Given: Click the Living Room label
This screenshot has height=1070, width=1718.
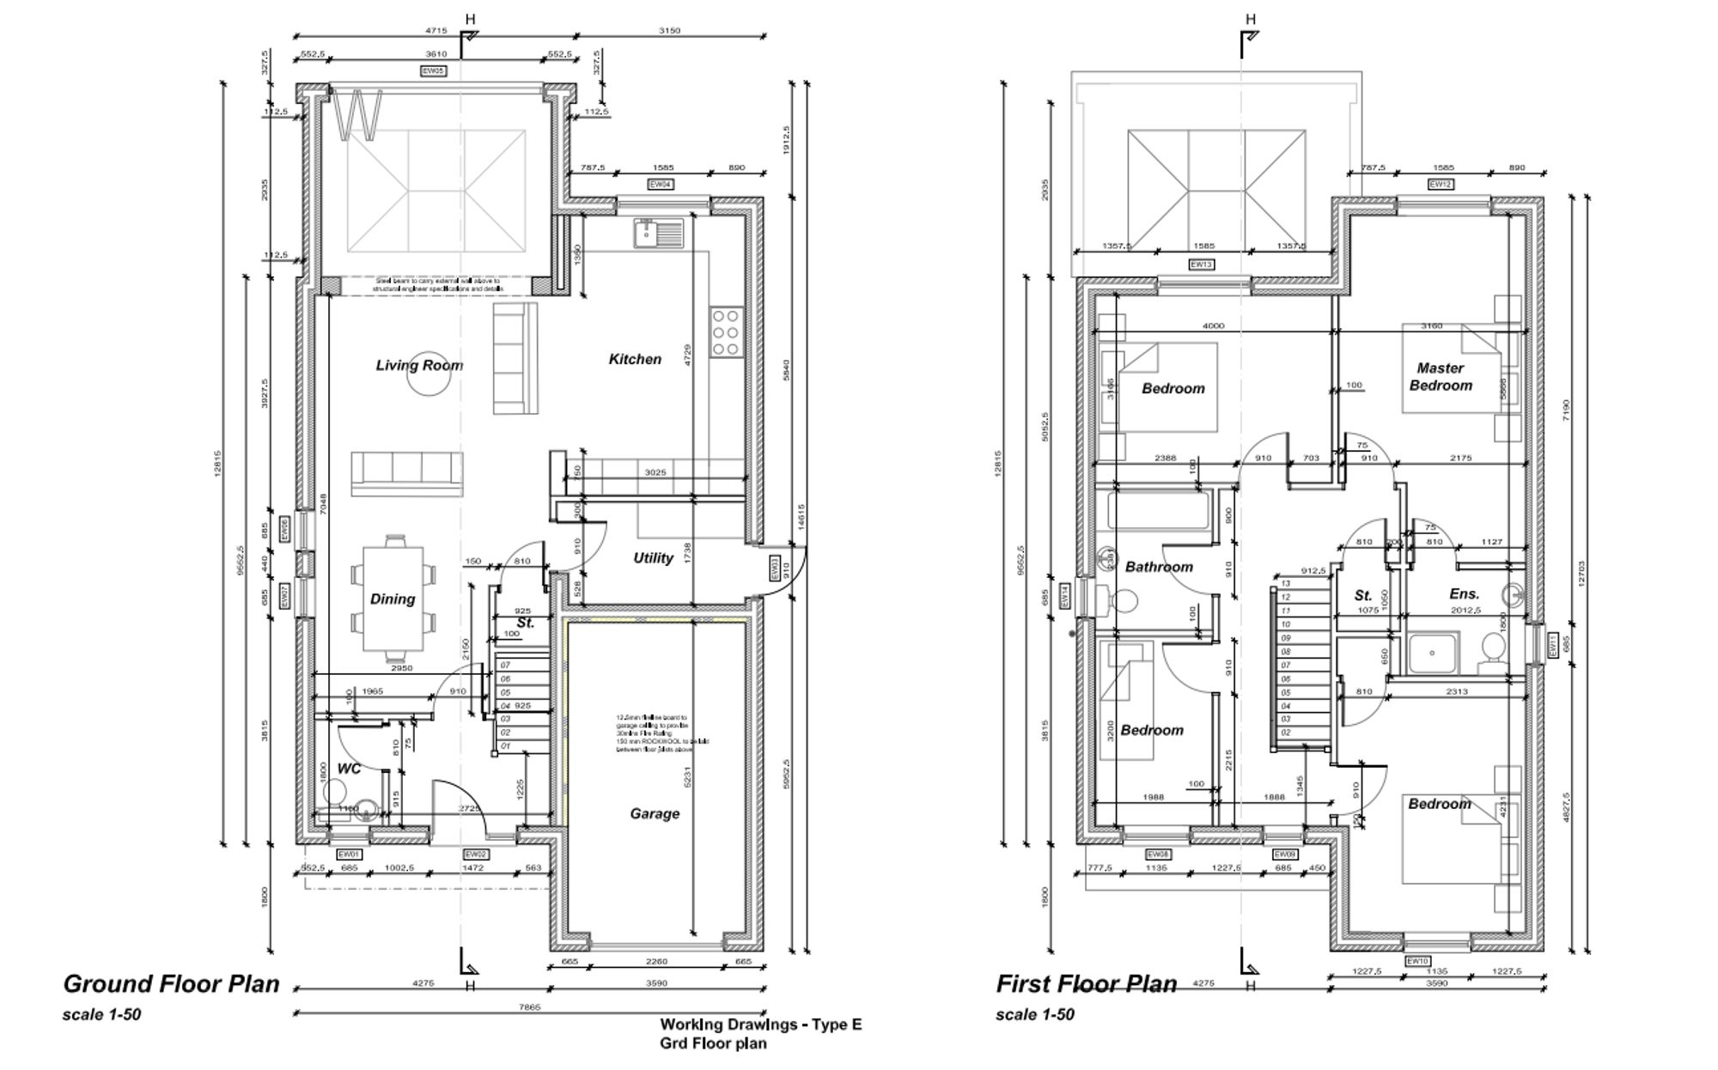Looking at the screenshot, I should pyautogui.click(x=419, y=365).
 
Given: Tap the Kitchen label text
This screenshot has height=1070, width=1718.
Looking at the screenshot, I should pyautogui.click(x=635, y=359).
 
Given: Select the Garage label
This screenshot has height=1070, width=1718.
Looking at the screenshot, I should pyautogui.click(x=655, y=813).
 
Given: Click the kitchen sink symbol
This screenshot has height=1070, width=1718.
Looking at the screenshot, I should pyautogui.click(x=657, y=233).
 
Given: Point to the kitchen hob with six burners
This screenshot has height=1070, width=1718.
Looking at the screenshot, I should pyautogui.click(x=726, y=331).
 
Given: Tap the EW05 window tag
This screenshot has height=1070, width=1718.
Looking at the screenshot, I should pyautogui.click(x=434, y=71).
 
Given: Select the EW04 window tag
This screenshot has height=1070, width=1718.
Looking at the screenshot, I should pyautogui.click(x=660, y=185).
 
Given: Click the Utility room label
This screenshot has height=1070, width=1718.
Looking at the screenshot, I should pyautogui.click(x=653, y=558).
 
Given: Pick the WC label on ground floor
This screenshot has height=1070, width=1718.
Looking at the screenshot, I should pyautogui.click(x=349, y=769).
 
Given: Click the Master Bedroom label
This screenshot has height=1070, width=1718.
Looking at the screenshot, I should pyautogui.click(x=1441, y=377).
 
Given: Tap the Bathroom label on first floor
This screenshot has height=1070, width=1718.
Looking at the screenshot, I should pyautogui.click(x=1159, y=567).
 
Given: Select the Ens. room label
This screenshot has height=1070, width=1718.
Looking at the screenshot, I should pyautogui.click(x=1464, y=593).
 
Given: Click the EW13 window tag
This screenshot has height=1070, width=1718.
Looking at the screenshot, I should pyautogui.click(x=1201, y=264).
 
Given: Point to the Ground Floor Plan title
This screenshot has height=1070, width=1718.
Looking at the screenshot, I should pyautogui.click(x=171, y=983).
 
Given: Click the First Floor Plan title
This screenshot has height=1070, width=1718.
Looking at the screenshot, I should pyautogui.click(x=1086, y=983).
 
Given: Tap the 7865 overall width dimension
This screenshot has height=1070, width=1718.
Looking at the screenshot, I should pyautogui.click(x=530, y=1007).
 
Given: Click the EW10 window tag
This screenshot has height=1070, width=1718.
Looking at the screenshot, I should pyautogui.click(x=1417, y=961).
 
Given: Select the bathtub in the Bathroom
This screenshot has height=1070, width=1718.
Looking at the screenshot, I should pyautogui.click(x=1157, y=510).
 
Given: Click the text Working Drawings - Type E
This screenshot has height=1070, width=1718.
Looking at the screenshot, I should pyautogui.click(x=760, y=1024).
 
